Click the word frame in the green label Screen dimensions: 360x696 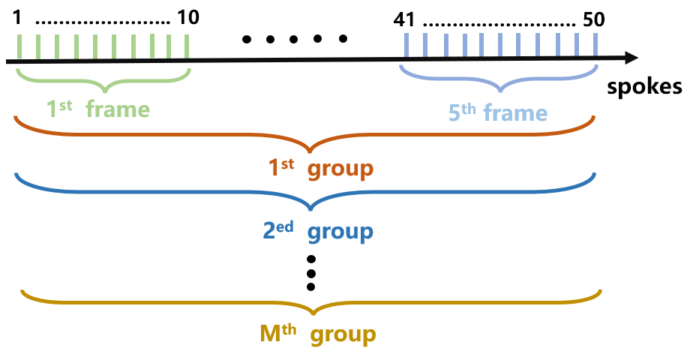tap(118, 109)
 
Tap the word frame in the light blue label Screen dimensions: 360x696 tap(515, 113)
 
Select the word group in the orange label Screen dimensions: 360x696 tap(340, 169)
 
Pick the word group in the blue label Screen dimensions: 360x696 tap(340, 231)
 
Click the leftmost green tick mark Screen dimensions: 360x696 tap(18, 46)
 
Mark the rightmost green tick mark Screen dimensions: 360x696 tap(186, 46)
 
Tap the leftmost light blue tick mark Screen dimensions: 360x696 tap(406, 44)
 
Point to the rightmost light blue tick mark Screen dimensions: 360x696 tap(595, 44)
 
